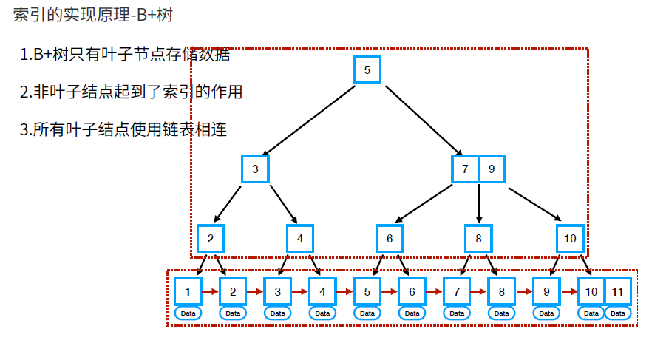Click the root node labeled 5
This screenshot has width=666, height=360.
[367, 70]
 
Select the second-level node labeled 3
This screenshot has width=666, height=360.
[255, 169]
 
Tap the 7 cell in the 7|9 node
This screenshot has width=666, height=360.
[465, 169]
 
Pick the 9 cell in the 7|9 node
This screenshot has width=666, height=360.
[491, 169]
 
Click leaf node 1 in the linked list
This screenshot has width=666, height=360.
[188, 291]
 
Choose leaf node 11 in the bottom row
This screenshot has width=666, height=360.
[618, 291]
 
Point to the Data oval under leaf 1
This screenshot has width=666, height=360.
[188, 313]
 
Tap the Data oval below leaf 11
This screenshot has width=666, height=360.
[618, 313]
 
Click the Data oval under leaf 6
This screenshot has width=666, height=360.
[412, 313]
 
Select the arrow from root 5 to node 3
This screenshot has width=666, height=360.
[310, 120]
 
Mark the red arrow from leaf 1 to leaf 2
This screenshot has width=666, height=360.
[210, 291]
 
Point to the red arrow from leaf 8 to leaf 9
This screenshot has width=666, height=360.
[523, 291]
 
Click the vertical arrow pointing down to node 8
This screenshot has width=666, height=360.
[479, 203]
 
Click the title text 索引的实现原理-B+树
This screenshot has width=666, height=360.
[92, 16]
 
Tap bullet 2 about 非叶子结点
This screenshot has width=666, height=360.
[132, 92]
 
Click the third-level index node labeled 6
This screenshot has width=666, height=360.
[390, 238]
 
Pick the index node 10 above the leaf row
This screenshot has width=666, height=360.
[570, 238]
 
